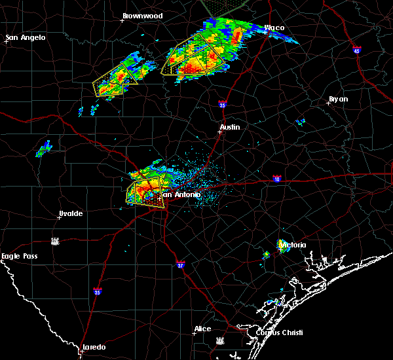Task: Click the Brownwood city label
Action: [142, 14]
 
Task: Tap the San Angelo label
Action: [26, 37]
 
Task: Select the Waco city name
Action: [274, 28]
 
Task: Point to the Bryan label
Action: [339, 99]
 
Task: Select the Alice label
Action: [203, 329]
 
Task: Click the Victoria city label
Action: [293, 245]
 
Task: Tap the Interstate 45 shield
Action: [357, 50]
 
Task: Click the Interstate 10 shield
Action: [277, 179]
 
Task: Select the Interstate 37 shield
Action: [181, 264]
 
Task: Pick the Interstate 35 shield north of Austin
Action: [222, 104]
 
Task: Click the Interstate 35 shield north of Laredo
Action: [98, 291]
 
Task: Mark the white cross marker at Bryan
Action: [327, 103]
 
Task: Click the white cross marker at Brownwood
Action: [122, 20]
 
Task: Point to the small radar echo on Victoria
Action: [283, 245]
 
